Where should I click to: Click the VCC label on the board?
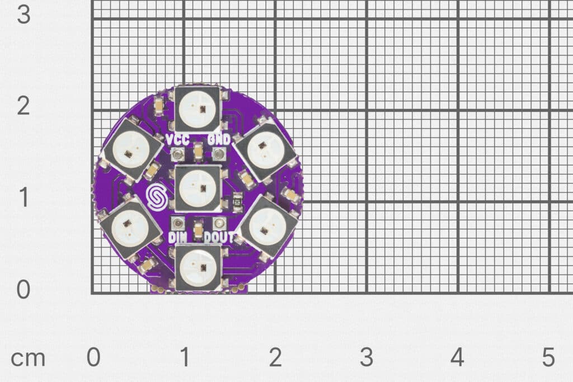pos(178,140)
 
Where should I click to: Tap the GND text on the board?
pos(219,140)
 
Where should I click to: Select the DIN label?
pos(177,238)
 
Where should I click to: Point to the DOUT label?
pos(219,238)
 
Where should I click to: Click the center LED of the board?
pos(198,188)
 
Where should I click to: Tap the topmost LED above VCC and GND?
pos(198,108)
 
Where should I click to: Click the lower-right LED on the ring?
pos(264,227)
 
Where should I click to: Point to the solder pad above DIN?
pos(178,223)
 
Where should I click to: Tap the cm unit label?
pos(28,358)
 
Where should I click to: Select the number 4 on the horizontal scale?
pos(457,358)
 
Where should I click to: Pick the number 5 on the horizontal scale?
pos(548,358)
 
